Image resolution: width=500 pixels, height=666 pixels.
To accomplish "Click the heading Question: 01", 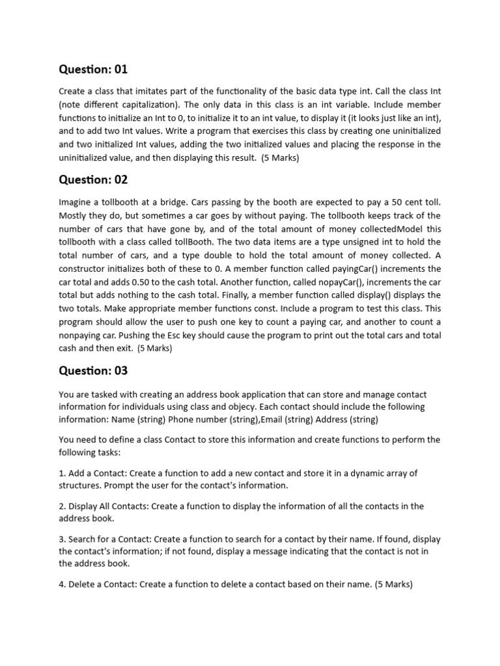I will click(x=93, y=70).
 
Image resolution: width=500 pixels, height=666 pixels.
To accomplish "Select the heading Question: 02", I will click(x=93, y=180).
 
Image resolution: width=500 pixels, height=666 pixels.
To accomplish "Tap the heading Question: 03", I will click(x=93, y=371).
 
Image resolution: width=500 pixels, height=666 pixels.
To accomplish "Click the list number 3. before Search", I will click(x=62, y=539).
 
